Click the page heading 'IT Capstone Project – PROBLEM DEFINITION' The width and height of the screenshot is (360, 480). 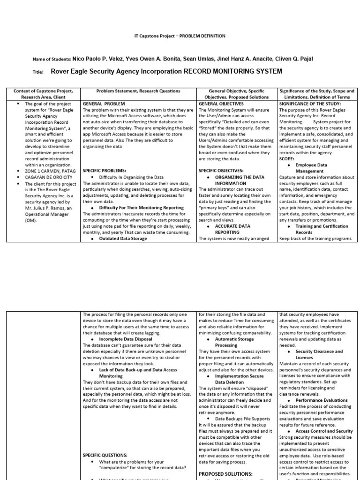tap(180, 36)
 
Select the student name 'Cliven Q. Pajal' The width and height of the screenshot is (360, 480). tap(294, 59)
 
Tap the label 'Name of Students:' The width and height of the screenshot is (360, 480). tap(52, 60)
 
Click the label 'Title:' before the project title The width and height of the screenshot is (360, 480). tap(38, 73)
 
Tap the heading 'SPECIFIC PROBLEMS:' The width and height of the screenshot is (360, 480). tap(104, 171)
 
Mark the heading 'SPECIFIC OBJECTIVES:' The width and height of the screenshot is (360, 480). tap(221, 171)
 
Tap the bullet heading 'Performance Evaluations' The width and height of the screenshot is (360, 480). tap(322, 400)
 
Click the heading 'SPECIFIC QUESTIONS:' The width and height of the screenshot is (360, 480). tap(105, 455)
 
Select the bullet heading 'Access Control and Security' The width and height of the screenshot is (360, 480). tap(324, 431)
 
